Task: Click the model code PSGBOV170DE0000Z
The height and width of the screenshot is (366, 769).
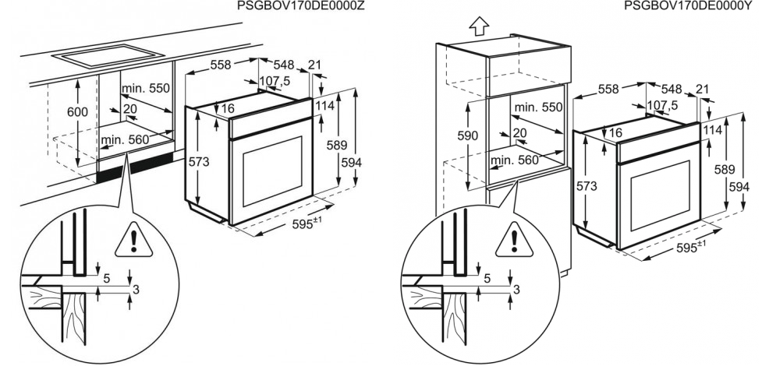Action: coord(300,5)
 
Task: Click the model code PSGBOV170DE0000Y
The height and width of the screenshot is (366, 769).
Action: coord(689,5)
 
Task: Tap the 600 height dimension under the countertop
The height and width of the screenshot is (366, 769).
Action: coord(77,112)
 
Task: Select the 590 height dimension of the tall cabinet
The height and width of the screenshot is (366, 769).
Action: coord(467,136)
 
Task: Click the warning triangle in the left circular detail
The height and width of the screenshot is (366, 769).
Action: coord(134,240)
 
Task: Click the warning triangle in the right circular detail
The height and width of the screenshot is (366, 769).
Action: coord(514,240)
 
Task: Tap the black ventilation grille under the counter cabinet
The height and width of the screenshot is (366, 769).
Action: coord(136,167)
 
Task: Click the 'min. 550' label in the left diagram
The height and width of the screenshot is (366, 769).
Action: coord(146,89)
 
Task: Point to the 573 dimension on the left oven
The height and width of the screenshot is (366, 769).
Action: coord(199,162)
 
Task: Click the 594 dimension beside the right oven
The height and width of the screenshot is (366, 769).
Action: coord(739,187)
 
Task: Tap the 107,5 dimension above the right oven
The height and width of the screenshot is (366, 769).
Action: coord(661,105)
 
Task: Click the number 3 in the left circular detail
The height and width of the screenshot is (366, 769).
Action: coord(136,290)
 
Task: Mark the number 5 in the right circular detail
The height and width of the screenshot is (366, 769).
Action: coord(487,278)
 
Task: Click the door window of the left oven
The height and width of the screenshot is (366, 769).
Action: coord(273,171)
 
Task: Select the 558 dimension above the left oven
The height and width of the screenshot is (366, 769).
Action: coord(221,65)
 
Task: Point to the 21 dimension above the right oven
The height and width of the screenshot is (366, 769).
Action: coord(702,89)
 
